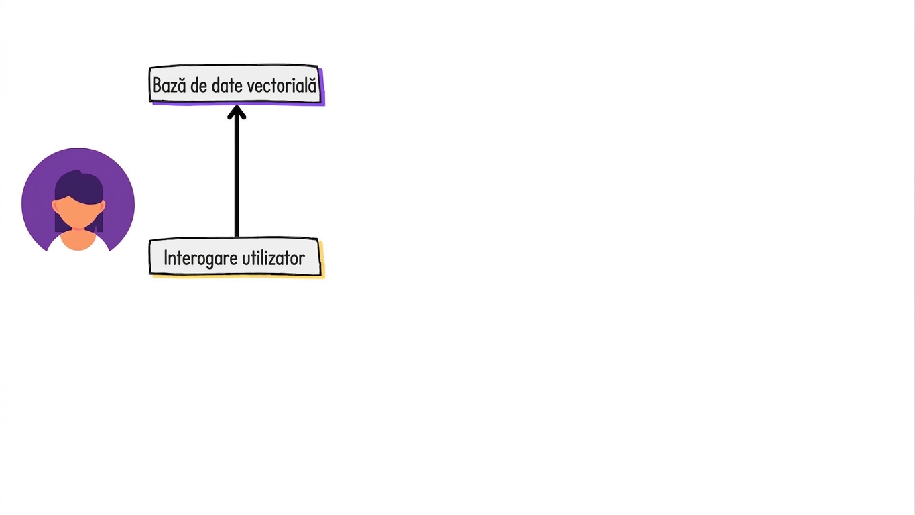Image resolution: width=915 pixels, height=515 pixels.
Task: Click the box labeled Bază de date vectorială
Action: click(x=234, y=84)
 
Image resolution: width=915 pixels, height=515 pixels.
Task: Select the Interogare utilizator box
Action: click(x=235, y=257)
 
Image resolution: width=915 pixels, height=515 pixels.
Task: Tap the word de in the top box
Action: click(x=199, y=85)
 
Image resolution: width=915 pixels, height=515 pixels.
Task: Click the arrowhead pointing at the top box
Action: click(x=237, y=113)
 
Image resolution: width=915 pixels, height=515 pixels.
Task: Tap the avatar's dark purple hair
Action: click(x=78, y=187)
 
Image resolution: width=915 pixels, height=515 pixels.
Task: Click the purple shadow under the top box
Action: click(x=237, y=104)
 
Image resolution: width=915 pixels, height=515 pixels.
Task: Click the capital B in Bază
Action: click(x=158, y=85)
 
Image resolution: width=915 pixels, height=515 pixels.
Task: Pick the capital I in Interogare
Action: click(x=166, y=258)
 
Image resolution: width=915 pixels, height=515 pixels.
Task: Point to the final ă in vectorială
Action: click(x=312, y=84)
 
